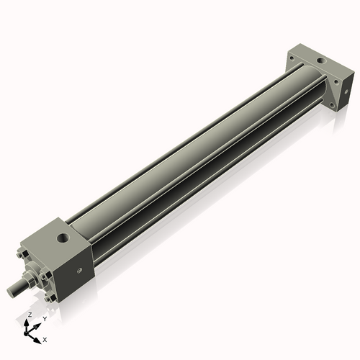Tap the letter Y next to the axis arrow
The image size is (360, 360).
pyautogui.click(x=44, y=318)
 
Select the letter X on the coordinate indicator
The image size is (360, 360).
pyautogui.click(x=45, y=338)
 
